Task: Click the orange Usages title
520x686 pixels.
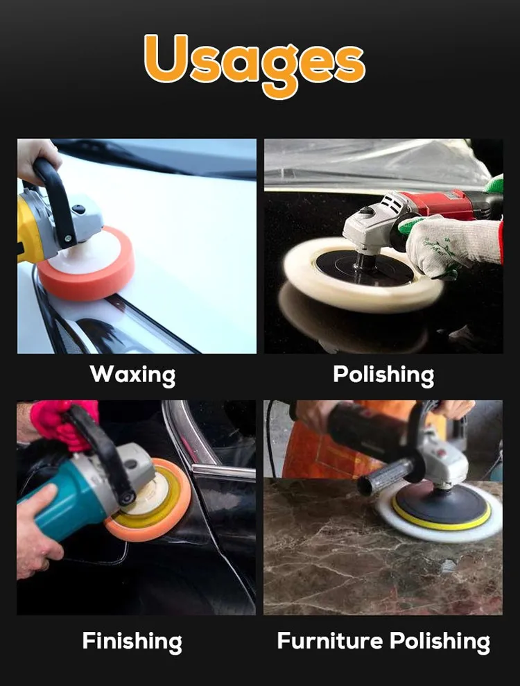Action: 254,64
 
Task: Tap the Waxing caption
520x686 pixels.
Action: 132,375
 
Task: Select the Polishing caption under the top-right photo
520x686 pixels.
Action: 383,375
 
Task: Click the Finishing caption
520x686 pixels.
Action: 132,642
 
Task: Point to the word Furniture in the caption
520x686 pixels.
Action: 330,641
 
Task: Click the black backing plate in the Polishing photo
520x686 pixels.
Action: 364,267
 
